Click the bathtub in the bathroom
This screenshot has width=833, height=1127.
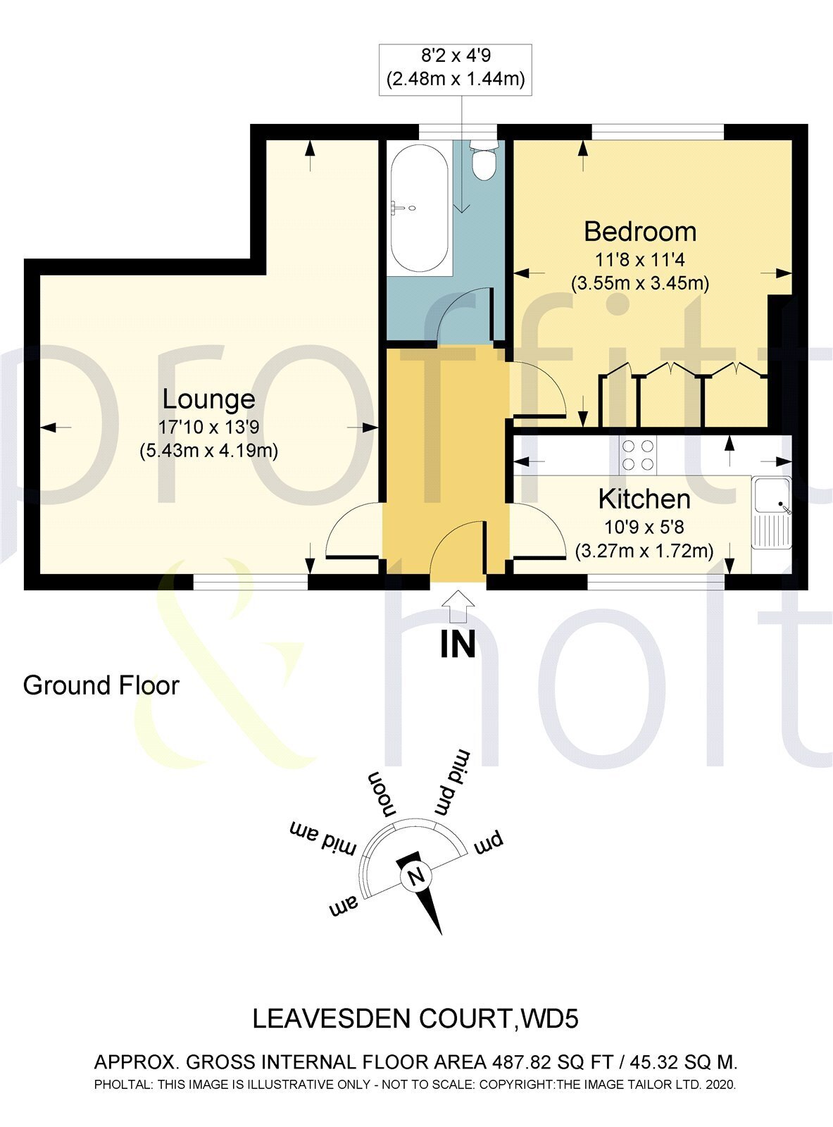click(419, 206)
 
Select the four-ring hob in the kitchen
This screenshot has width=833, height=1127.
click(637, 455)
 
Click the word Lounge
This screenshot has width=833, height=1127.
click(208, 399)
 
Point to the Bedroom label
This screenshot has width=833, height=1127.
click(639, 231)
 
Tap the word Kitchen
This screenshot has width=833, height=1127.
click(644, 499)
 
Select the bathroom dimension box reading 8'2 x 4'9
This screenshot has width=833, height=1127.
click(456, 68)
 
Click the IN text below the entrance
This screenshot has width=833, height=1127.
click(458, 643)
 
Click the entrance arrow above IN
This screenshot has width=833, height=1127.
click(458, 603)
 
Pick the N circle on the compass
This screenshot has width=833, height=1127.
click(415, 877)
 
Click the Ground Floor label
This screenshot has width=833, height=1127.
click(101, 685)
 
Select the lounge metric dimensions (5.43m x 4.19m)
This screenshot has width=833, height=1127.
click(208, 450)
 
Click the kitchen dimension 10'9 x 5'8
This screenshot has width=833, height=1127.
click(644, 526)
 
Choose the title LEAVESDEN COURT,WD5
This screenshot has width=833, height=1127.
click(415, 1019)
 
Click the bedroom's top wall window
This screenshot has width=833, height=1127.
click(656, 132)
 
